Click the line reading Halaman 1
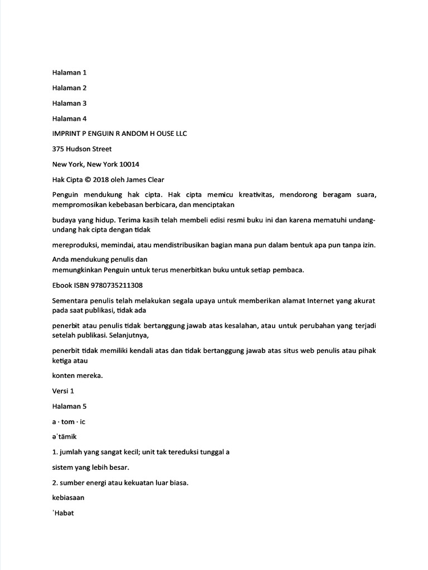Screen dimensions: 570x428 tap(69, 72)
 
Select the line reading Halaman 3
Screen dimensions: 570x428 tap(69, 103)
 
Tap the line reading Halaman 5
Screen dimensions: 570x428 tap(69, 406)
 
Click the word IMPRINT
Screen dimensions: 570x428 tap(66, 134)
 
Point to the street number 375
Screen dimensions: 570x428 tap(58, 149)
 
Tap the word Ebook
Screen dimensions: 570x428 tap(62, 285)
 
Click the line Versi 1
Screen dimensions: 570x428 tap(63, 391)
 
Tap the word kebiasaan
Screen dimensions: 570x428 tap(68, 498)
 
